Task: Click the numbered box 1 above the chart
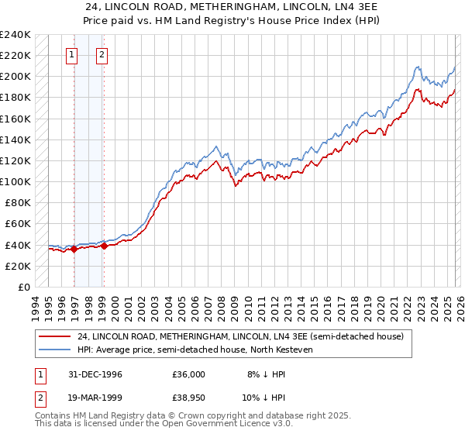pos(71,54)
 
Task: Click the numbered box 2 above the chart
pos(102,54)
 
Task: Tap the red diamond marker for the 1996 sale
pos(74,249)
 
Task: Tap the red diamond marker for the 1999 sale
pos(104,246)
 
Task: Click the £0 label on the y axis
pos(23,287)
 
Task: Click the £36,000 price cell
pos(188,374)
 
